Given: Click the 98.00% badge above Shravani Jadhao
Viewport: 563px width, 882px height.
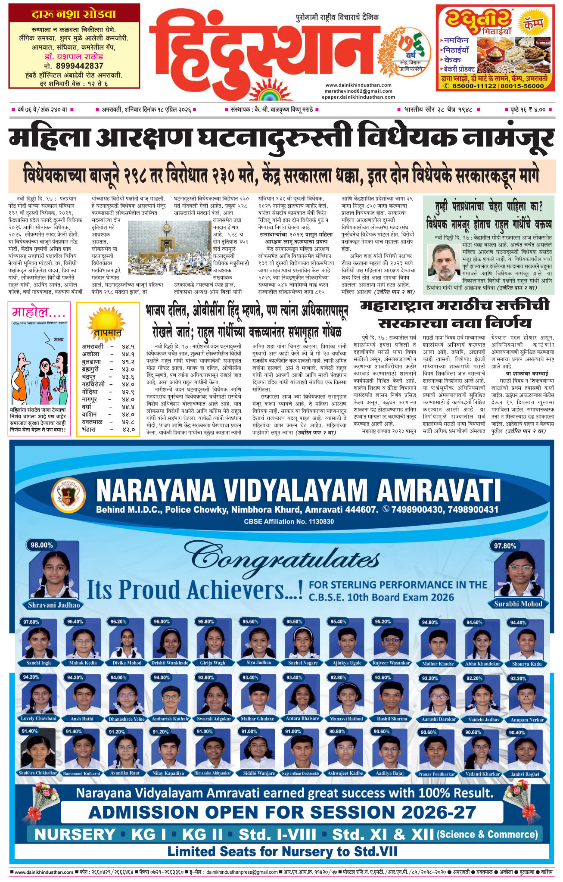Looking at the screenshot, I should [42, 545].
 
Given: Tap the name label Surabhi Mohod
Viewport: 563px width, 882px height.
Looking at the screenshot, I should [518, 604].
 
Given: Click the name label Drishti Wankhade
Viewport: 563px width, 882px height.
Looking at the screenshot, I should [170, 663].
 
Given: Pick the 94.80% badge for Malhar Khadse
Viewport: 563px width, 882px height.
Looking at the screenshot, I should [430, 623].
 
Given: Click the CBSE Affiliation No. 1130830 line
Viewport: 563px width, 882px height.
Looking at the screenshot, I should [289, 521].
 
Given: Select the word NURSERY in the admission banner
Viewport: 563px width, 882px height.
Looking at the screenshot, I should [75, 835].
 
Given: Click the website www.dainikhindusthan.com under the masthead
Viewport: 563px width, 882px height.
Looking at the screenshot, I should [358, 85].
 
